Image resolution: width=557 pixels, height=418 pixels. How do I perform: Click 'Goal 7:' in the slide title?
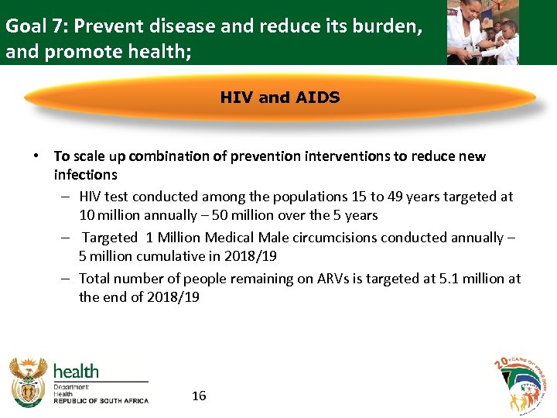pos(34,26)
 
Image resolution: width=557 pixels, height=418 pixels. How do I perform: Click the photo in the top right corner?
pos(483,32)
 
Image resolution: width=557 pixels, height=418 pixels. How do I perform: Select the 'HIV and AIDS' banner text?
pos(279,98)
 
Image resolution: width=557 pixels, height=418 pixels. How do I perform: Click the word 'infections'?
pos(85,175)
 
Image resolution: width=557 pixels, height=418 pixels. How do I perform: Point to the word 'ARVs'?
pos(335,278)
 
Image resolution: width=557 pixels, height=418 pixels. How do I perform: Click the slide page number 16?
pos(199,396)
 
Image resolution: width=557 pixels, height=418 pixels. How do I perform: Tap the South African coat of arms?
pos(29,382)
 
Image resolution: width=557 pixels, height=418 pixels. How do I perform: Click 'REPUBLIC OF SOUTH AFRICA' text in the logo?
pos(101,400)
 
